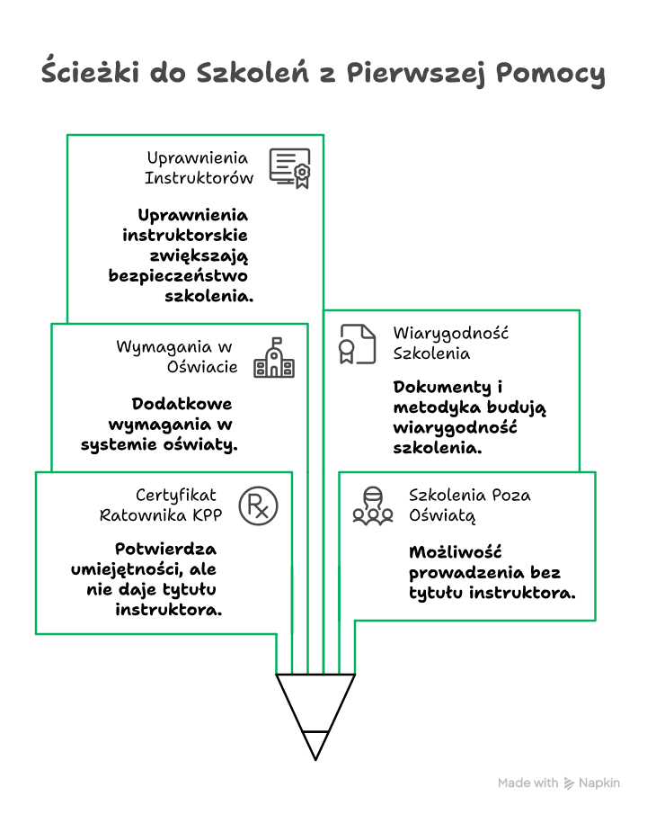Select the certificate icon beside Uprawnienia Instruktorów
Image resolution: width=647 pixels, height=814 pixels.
289,167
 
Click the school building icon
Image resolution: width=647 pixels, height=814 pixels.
273,357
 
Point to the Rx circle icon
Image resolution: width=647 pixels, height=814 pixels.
258,505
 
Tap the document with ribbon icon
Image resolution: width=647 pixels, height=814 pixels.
357,344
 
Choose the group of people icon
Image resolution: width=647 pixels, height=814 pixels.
372,505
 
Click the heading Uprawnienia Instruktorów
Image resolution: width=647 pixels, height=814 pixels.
199,168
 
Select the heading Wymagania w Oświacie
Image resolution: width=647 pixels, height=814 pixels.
177,356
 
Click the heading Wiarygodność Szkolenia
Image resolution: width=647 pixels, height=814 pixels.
450,343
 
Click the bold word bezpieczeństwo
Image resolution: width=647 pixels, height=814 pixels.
178,274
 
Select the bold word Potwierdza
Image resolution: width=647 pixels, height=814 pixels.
165,549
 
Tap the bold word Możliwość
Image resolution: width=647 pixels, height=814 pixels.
454,551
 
